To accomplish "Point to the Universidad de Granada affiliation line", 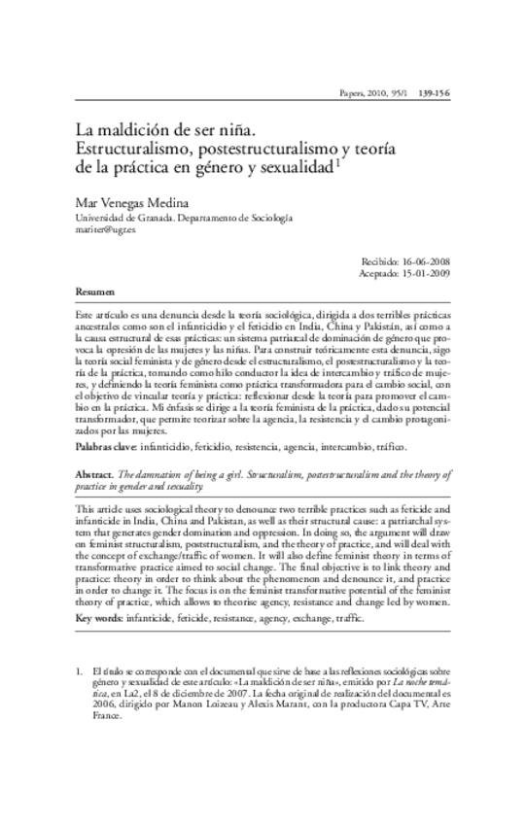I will pyautogui.click(x=183, y=218).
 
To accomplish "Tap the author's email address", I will pyautogui.click(x=107, y=231).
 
